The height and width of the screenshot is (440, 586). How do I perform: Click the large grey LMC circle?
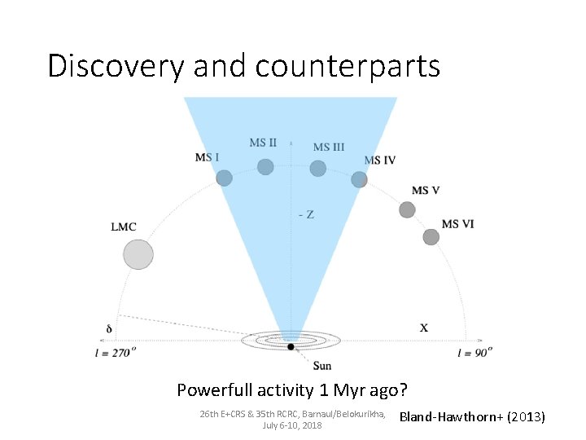[x=138, y=254]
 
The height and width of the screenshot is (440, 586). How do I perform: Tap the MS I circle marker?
[x=224, y=178]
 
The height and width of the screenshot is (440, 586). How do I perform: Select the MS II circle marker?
[x=265, y=167]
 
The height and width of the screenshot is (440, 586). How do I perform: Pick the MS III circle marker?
[x=318, y=169]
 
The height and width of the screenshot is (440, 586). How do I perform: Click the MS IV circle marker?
[x=359, y=179]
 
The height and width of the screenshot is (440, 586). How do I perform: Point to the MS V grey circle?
[x=407, y=209]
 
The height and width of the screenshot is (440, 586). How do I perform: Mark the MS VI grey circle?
[x=431, y=237]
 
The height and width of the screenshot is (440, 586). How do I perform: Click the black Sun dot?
[x=291, y=347]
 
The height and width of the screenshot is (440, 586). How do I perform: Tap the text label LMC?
[x=124, y=227]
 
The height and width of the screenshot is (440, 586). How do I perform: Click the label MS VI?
[x=457, y=224]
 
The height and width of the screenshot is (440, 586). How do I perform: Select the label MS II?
[x=263, y=143]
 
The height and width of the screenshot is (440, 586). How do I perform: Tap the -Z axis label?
[x=306, y=214]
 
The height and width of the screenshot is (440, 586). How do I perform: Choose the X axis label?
[x=424, y=328]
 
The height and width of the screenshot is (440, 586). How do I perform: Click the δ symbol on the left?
[x=109, y=329]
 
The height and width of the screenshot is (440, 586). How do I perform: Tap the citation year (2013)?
[x=526, y=418]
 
